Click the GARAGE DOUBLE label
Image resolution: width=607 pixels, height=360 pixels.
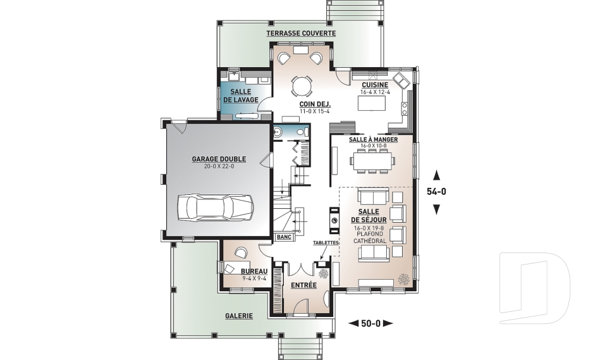[219, 159]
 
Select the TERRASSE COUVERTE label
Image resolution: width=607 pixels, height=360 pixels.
[301, 34]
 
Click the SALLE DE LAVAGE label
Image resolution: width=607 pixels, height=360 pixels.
[240, 96]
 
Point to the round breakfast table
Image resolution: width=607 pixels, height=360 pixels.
[301, 86]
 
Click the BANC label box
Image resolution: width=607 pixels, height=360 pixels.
[284, 237]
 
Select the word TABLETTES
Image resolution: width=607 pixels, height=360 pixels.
[326, 242]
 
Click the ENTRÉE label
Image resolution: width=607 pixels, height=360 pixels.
[303, 285]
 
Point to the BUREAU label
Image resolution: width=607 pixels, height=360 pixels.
[254, 271]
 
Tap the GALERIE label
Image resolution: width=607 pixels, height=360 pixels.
[239, 316]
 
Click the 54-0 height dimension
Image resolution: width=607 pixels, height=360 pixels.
[436, 191]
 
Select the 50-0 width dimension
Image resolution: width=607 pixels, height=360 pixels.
[371, 323]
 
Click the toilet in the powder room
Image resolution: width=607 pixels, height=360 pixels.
[301, 132]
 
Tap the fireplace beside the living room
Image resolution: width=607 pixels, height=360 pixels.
[334, 221]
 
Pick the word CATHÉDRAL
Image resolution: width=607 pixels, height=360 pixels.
[370, 240]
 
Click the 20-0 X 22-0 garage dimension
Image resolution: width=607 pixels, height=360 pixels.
[219, 166]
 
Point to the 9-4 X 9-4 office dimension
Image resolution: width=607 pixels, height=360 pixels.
[254, 278]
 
